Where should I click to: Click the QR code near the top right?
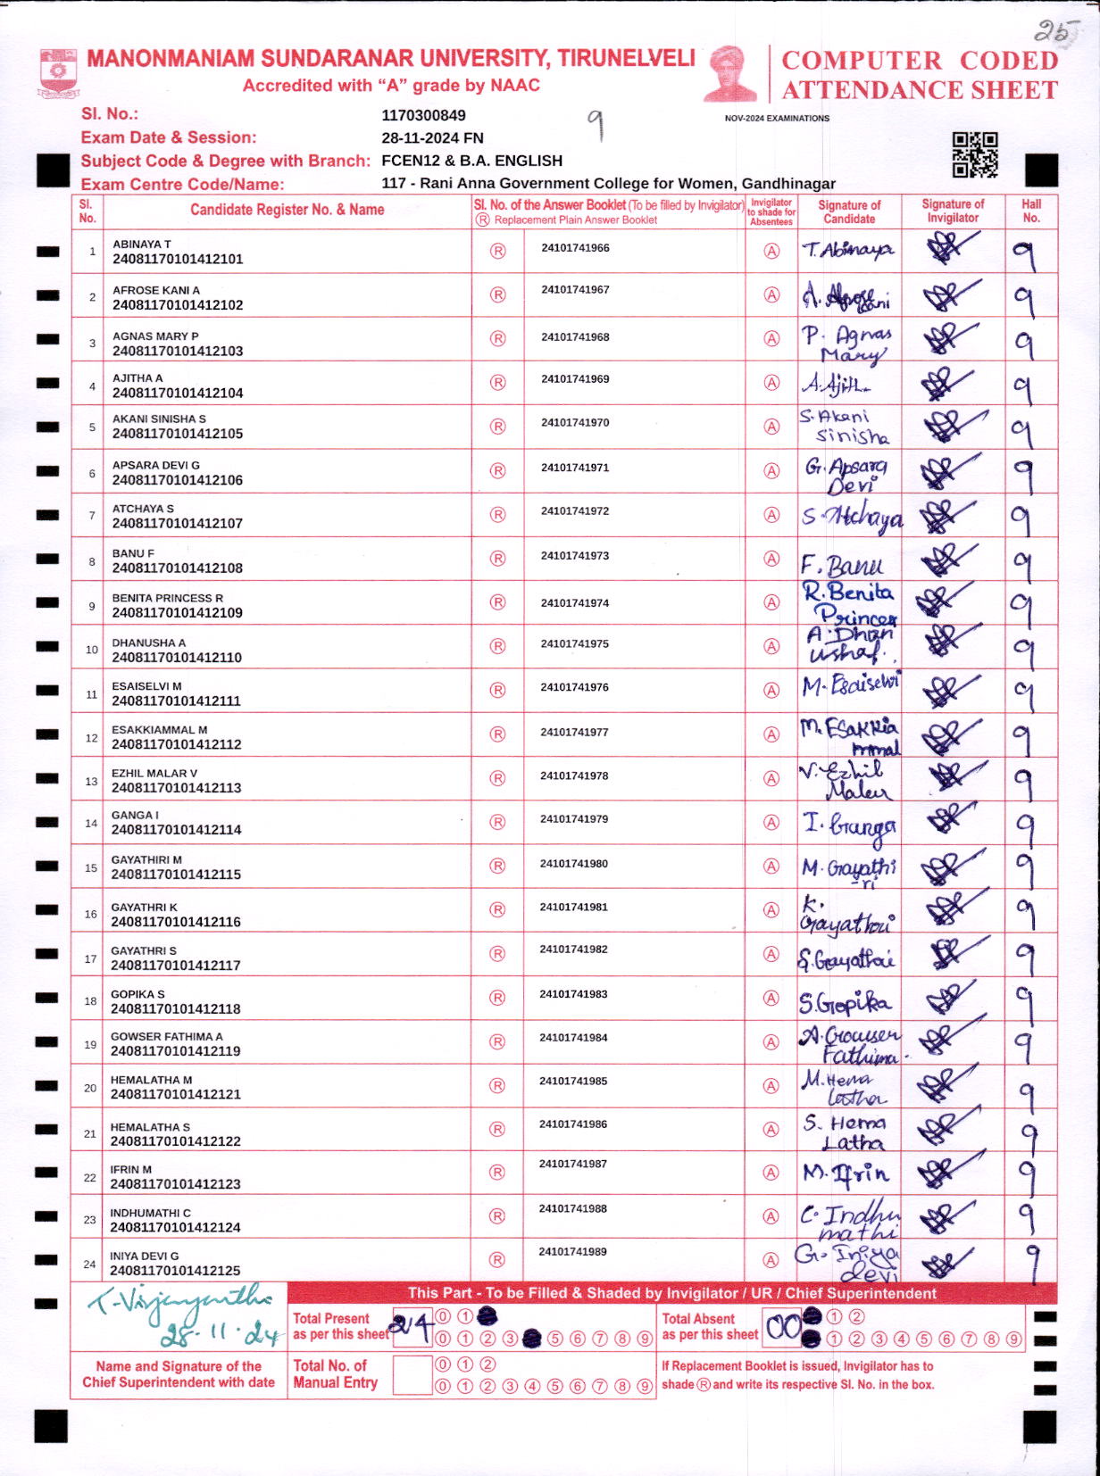[974, 155]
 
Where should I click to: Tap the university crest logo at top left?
[59, 73]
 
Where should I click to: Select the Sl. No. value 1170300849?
[423, 115]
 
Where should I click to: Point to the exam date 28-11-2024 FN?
[432, 137]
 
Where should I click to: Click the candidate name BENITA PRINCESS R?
[168, 598]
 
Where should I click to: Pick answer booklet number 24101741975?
[575, 643]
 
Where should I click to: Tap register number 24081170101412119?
[176, 1051]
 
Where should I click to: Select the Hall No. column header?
[1031, 211]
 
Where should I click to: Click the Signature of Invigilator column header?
[953, 211]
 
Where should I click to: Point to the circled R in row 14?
[497, 822]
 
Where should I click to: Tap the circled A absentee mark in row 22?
[771, 1173]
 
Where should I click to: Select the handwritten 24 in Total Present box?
[412, 1328]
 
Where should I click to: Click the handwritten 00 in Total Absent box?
[783, 1328]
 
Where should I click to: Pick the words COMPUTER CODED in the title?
[920, 61]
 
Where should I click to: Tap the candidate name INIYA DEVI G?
[145, 1256]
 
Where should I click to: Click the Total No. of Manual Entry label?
[336, 1374]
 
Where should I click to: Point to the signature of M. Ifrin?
[846, 1173]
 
